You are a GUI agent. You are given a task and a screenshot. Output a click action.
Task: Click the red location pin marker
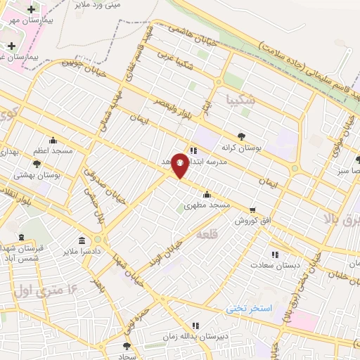point(180,165)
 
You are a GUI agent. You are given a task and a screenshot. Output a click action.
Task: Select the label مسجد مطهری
point(207,205)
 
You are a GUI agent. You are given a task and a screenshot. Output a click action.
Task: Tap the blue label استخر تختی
point(248,309)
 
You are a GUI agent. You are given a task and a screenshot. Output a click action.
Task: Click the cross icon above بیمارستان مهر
point(31,8)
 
